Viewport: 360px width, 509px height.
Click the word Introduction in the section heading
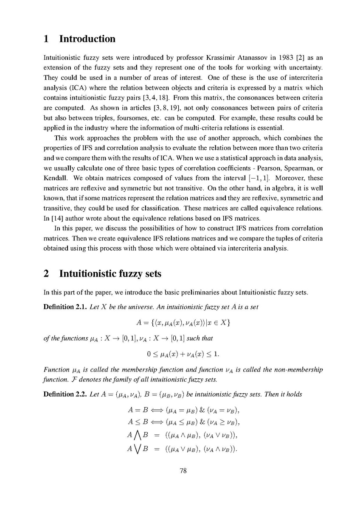point(87,39)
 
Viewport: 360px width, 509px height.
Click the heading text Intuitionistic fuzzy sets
point(110,274)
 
